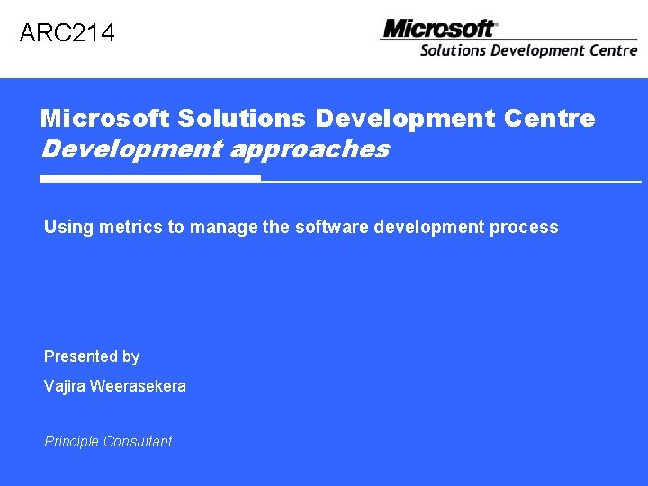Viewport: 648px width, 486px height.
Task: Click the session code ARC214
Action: tap(67, 34)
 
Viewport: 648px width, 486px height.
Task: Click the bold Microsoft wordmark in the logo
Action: tap(439, 29)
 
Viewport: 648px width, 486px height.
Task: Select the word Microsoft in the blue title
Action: tap(105, 119)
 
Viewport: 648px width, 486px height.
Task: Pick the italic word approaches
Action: tap(310, 149)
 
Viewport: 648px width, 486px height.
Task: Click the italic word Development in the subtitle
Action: tap(131, 149)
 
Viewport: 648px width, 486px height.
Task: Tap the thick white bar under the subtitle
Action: tap(150, 179)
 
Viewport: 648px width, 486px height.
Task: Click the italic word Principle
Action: tap(71, 442)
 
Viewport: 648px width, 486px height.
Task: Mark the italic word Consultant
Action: tap(138, 442)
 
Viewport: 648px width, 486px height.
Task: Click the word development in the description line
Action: tap(429, 228)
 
